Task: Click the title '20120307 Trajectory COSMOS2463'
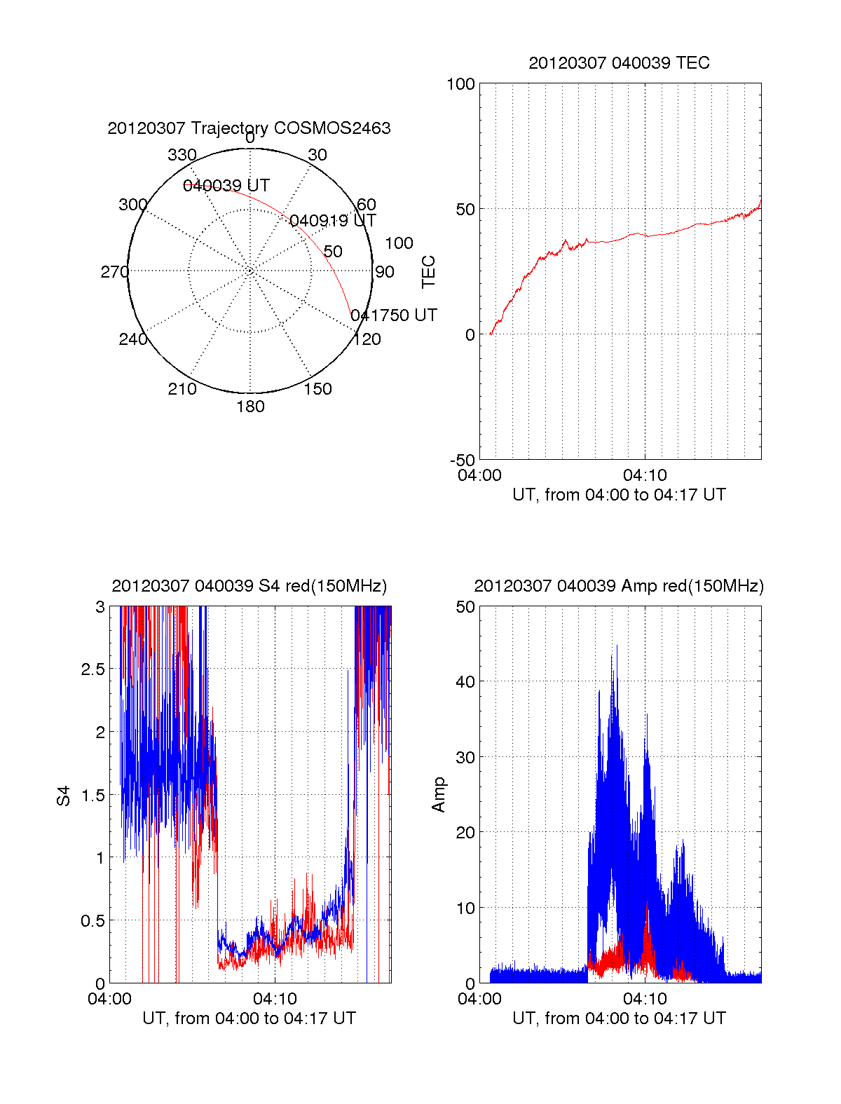click(x=249, y=128)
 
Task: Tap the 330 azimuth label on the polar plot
click(x=182, y=155)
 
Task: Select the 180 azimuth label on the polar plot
click(x=250, y=407)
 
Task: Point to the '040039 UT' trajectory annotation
click(x=226, y=186)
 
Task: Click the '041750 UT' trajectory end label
click(x=394, y=315)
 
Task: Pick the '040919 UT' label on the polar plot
click(x=333, y=221)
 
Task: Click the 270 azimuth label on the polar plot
click(x=114, y=272)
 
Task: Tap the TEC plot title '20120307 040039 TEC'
click(x=619, y=63)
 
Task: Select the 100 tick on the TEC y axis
click(x=460, y=84)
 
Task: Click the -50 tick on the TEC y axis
click(x=463, y=461)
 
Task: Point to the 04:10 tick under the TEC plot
click(x=645, y=476)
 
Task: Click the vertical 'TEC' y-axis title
click(x=428, y=272)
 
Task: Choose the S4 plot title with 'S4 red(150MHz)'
click(x=249, y=586)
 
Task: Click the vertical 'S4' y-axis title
click(x=64, y=796)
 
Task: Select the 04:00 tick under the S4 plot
click(x=109, y=999)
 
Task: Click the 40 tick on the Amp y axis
click(x=465, y=681)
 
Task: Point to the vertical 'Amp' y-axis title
click(x=439, y=795)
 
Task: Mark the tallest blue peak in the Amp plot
click(x=617, y=646)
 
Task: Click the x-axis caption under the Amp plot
click(x=619, y=1018)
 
